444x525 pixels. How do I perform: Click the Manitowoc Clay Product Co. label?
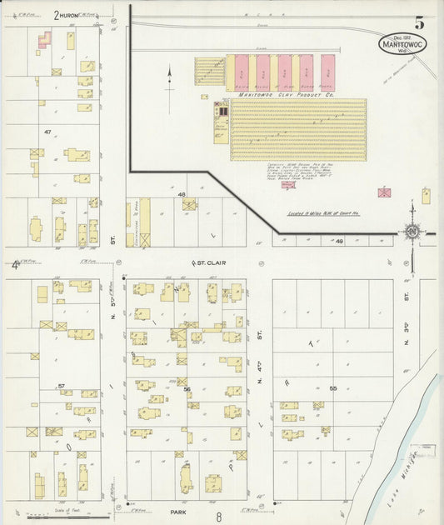[x=287, y=95]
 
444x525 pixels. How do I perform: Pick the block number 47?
[x=47, y=132]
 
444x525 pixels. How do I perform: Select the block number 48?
[x=181, y=194]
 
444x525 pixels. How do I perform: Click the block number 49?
[x=339, y=241]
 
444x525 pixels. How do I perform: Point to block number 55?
[x=332, y=389]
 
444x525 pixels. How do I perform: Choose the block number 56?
[x=187, y=389]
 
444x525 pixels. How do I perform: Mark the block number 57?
[x=61, y=387]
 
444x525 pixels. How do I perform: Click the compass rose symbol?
[x=412, y=230]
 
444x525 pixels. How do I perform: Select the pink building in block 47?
[x=44, y=38]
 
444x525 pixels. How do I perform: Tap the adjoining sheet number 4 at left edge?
[x=14, y=265]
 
